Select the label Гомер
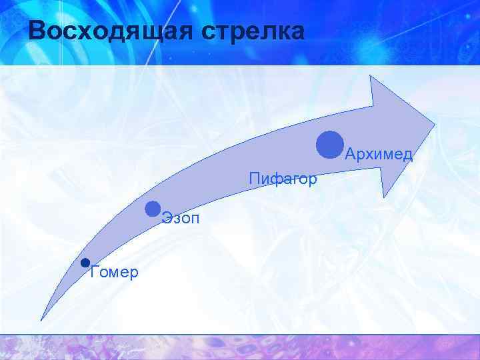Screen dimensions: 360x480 pyautogui.click(x=114, y=272)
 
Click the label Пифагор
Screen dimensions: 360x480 pyautogui.click(x=283, y=179)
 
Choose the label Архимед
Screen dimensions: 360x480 pyautogui.click(x=379, y=155)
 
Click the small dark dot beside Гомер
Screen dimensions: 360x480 pyautogui.click(x=85, y=263)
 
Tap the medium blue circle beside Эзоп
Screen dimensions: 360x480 pyautogui.click(x=153, y=209)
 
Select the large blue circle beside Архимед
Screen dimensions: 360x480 pyautogui.click(x=330, y=145)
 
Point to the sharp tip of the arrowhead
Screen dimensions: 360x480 pyautogui.click(x=435, y=124)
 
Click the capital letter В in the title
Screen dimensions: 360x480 pyautogui.click(x=39, y=31)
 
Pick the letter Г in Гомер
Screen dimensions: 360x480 pyautogui.click(x=93, y=272)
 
